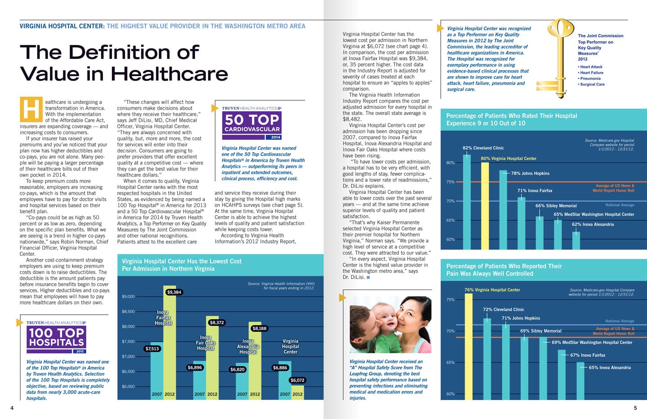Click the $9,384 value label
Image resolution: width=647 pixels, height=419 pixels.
(x=174, y=292)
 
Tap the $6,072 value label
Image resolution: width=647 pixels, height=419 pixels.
(x=297, y=380)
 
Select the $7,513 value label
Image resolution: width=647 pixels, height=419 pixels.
(x=152, y=348)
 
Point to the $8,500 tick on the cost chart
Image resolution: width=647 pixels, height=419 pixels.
(x=128, y=312)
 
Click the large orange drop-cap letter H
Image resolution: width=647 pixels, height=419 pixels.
(x=31, y=109)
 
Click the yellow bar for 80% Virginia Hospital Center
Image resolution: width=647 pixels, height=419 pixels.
(x=485, y=205)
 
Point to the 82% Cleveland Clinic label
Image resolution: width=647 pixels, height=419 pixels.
(x=483, y=148)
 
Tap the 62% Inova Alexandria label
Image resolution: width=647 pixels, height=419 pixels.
(x=593, y=224)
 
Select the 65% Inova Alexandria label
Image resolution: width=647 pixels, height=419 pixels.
(x=610, y=368)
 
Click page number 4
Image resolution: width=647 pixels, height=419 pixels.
(x=12, y=408)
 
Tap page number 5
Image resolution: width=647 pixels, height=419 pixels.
(x=635, y=408)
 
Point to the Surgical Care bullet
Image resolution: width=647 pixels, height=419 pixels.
(x=592, y=85)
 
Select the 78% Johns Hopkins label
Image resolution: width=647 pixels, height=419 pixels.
(x=530, y=174)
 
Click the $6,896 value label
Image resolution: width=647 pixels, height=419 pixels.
(x=195, y=368)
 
